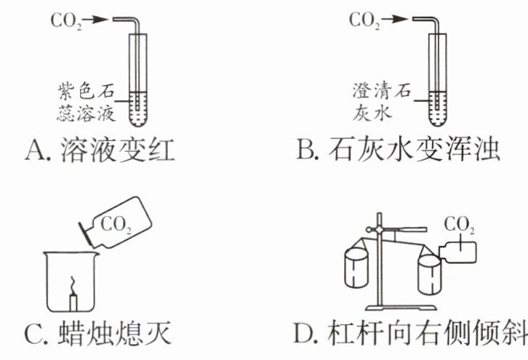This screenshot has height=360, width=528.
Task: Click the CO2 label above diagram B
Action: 366,20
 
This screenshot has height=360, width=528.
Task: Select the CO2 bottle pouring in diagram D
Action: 457,250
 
